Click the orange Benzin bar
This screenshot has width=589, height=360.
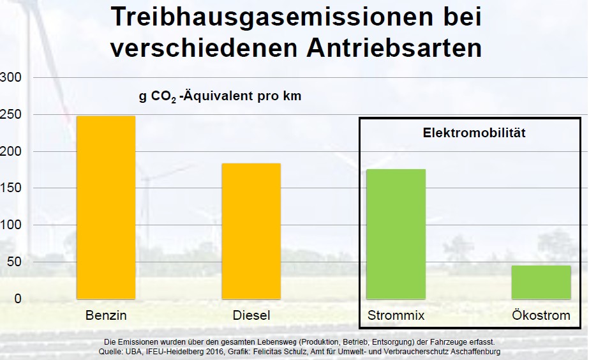pyautogui.click(x=106, y=207)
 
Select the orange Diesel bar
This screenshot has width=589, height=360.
pyautogui.click(x=251, y=231)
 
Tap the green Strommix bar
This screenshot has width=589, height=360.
pyautogui.click(x=396, y=234)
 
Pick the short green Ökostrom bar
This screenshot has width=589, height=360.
pyautogui.click(x=541, y=282)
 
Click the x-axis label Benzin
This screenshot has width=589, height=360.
pyautogui.click(x=106, y=315)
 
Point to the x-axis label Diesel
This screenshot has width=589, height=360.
pyautogui.click(x=251, y=315)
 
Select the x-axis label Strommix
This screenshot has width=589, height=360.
pyautogui.click(x=396, y=315)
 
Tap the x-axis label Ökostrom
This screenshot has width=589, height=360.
pyautogui.click(x=541, y=315)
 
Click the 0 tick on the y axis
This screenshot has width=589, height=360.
pyautogui.click(x=18, y=299)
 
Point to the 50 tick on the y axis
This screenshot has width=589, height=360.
pyautogui.click(x=14, y=262)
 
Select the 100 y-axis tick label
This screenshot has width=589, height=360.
pyautogui.click(x=11, y=225)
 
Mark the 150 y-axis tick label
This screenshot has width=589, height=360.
pyautogui.click(x=11, y=188)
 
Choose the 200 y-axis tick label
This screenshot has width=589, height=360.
pyautogui.click(x=11, y=151)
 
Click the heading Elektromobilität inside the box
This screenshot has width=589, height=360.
pyautogui.click(x=474, y=133)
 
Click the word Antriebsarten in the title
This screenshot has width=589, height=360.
pyautogui.click(x=394, y=48)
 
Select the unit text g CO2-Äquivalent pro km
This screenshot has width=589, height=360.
pyautogui.click(x=220, y=96)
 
